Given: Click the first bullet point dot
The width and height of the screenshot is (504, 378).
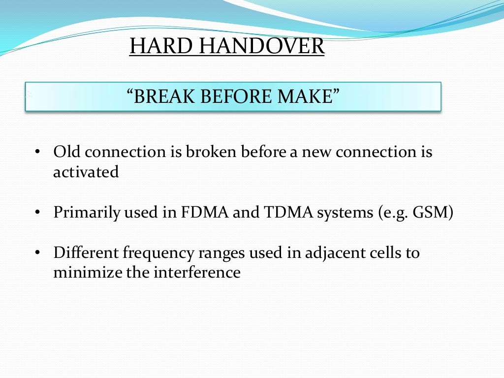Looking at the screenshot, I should (37, 153).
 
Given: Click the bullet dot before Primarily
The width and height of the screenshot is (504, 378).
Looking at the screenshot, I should (37, 214).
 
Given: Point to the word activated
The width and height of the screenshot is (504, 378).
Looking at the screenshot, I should (86, 172).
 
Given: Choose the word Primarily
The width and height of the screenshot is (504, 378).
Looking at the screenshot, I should (87, 214).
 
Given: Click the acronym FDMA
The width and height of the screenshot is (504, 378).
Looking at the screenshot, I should (197, 213).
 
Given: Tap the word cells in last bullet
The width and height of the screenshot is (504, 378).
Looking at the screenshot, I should (389, 253).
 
